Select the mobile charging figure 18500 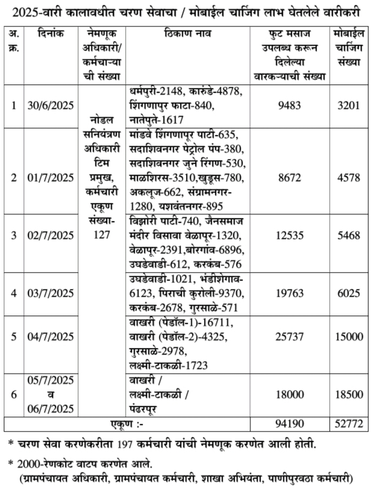[349, 393]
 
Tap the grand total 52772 [349, 424]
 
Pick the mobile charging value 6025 [349, 294]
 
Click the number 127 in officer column [102, 235]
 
